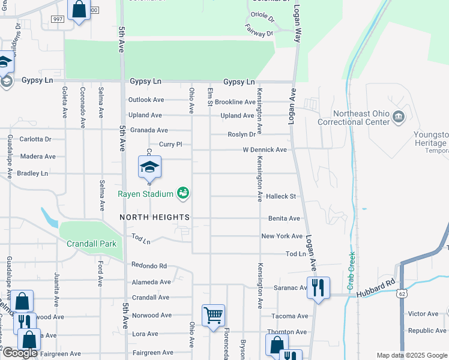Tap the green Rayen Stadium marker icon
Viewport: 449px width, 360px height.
point(183,193)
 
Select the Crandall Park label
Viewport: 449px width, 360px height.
point(86,244)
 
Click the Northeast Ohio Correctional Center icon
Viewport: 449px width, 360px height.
point(398,116)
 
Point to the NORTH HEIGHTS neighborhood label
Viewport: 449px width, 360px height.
point(154,217)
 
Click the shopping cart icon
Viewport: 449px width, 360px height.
point(213,314)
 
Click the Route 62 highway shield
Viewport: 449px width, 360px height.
point(402,293)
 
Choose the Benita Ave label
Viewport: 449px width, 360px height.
point(284,218)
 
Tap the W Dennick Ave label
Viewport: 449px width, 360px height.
point(265,149)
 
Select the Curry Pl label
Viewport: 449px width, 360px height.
point(170,145)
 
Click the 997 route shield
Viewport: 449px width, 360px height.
point(58,19)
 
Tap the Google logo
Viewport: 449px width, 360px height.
point(19,353)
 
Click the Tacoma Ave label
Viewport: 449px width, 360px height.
point(289,316)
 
